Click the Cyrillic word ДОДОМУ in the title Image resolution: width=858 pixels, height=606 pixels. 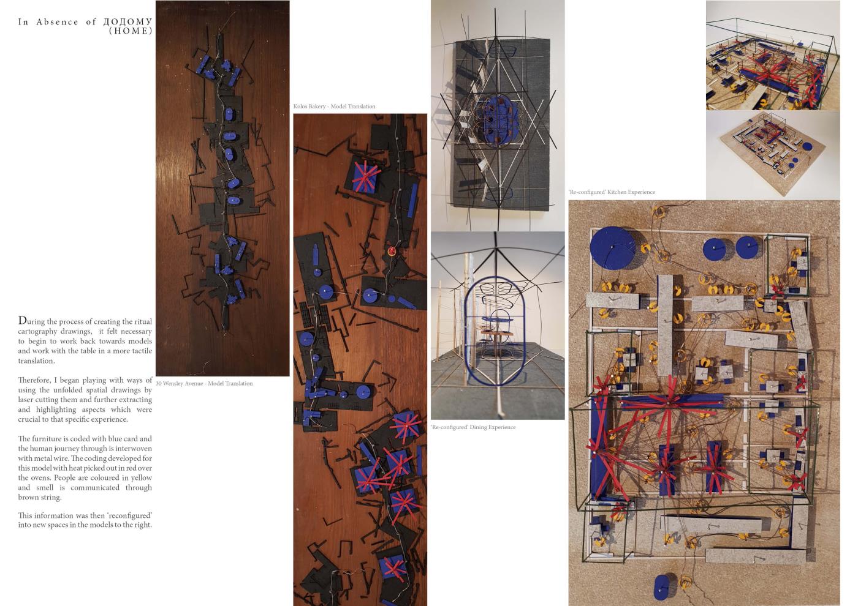[127, 22]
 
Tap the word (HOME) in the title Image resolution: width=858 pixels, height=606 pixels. [131, 31]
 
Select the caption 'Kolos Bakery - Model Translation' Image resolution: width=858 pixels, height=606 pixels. [334, 107]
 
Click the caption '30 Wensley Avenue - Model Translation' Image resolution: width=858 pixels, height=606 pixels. [204, 383]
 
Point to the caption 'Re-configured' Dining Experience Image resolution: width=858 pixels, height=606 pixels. [473, 427]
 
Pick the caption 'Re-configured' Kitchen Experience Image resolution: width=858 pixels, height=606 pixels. [612, 192]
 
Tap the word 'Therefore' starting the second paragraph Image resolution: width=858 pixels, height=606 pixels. [34, 380]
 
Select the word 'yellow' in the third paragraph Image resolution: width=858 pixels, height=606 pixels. [142, 478]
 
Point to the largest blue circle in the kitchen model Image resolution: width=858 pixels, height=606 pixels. [612, 249]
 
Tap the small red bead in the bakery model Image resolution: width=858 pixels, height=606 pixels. [392, 252]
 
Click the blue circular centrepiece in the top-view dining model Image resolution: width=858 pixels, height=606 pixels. [498, 119]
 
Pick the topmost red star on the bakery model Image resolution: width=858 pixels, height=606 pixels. [366, 176]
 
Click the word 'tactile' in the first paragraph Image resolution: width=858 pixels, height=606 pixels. [140, 351]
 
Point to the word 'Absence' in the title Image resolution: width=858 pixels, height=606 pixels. [57, 22]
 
